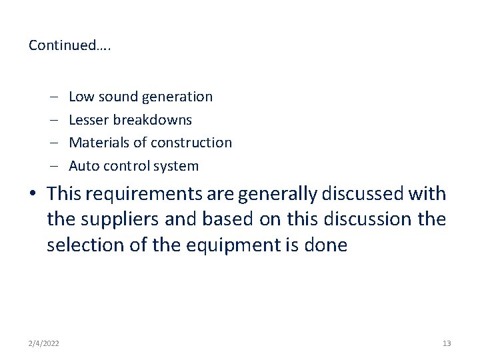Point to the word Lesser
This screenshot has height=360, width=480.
[89, 120]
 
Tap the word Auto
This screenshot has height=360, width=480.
[83, 166]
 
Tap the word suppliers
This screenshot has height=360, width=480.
[124, 219]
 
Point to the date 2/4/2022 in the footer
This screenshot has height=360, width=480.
[43, 343]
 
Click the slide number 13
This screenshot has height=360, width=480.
[447, 343]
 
